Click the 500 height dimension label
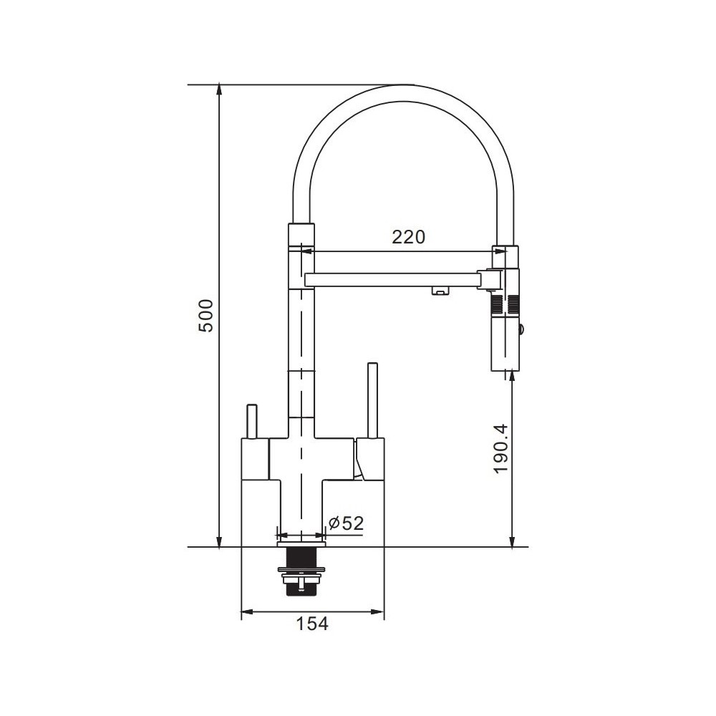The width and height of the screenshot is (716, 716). [208, 316]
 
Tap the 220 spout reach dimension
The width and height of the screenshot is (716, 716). [408, 237]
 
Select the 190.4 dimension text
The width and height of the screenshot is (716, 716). [501, 448]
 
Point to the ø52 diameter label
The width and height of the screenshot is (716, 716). [346, 523]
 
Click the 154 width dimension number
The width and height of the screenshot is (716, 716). [312, 624]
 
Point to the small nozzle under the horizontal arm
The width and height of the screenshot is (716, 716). [440, 291]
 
